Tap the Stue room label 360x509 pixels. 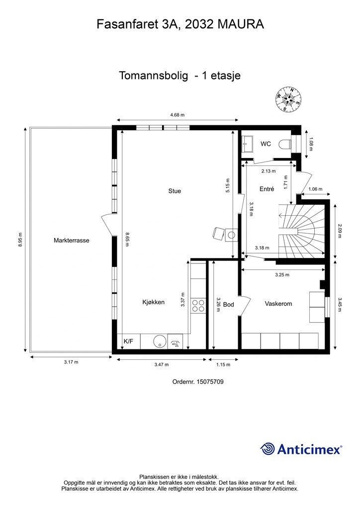click(x=175, y=191)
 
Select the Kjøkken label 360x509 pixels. click(x=154, y=302)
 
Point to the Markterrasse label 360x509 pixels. click(x=72, y=241)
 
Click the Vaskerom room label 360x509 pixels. click(x=278, y=304)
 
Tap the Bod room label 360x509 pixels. click(x=229, y=305)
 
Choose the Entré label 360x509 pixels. click(x=267, y=189)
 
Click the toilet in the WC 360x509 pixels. click(x=285, y=144)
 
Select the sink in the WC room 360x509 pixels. click(x=248, y=144)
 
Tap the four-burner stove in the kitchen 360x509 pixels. click(x=198, y=306)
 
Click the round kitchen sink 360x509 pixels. click(x=160, y=341)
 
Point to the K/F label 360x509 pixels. click(x=128, y=341)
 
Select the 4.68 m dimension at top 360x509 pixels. click(x=178, y=115)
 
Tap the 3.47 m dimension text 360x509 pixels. click(x=161, y=364)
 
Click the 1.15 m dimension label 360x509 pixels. click(x=223, y=364)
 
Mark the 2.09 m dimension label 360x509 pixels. click(x=340, y=231)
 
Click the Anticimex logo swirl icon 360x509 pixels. click(x=268, y=449)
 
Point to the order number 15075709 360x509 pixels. click(x=210, y=382)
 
